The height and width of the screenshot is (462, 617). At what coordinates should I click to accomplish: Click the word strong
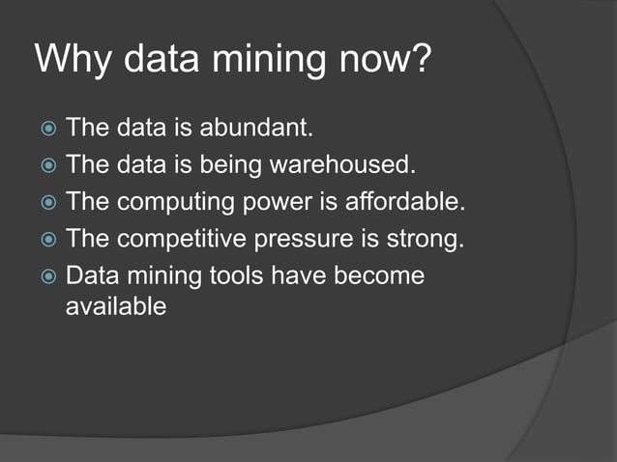point(430,240)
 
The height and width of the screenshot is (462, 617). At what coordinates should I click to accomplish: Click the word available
point(116,306)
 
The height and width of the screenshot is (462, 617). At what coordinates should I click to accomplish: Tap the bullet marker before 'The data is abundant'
point(47,129)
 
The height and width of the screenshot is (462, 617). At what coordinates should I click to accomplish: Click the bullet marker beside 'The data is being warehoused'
point(47,165)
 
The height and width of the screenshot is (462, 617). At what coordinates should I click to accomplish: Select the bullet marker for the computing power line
point(47,203)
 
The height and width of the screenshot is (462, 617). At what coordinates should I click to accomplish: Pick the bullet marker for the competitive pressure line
point(47,240)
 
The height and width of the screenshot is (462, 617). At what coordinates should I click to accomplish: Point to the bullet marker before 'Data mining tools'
point(47,276)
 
